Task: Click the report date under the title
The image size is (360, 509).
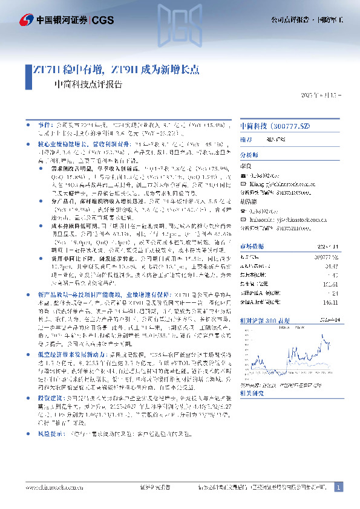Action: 321,96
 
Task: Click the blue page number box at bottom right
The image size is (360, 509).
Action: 338,487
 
